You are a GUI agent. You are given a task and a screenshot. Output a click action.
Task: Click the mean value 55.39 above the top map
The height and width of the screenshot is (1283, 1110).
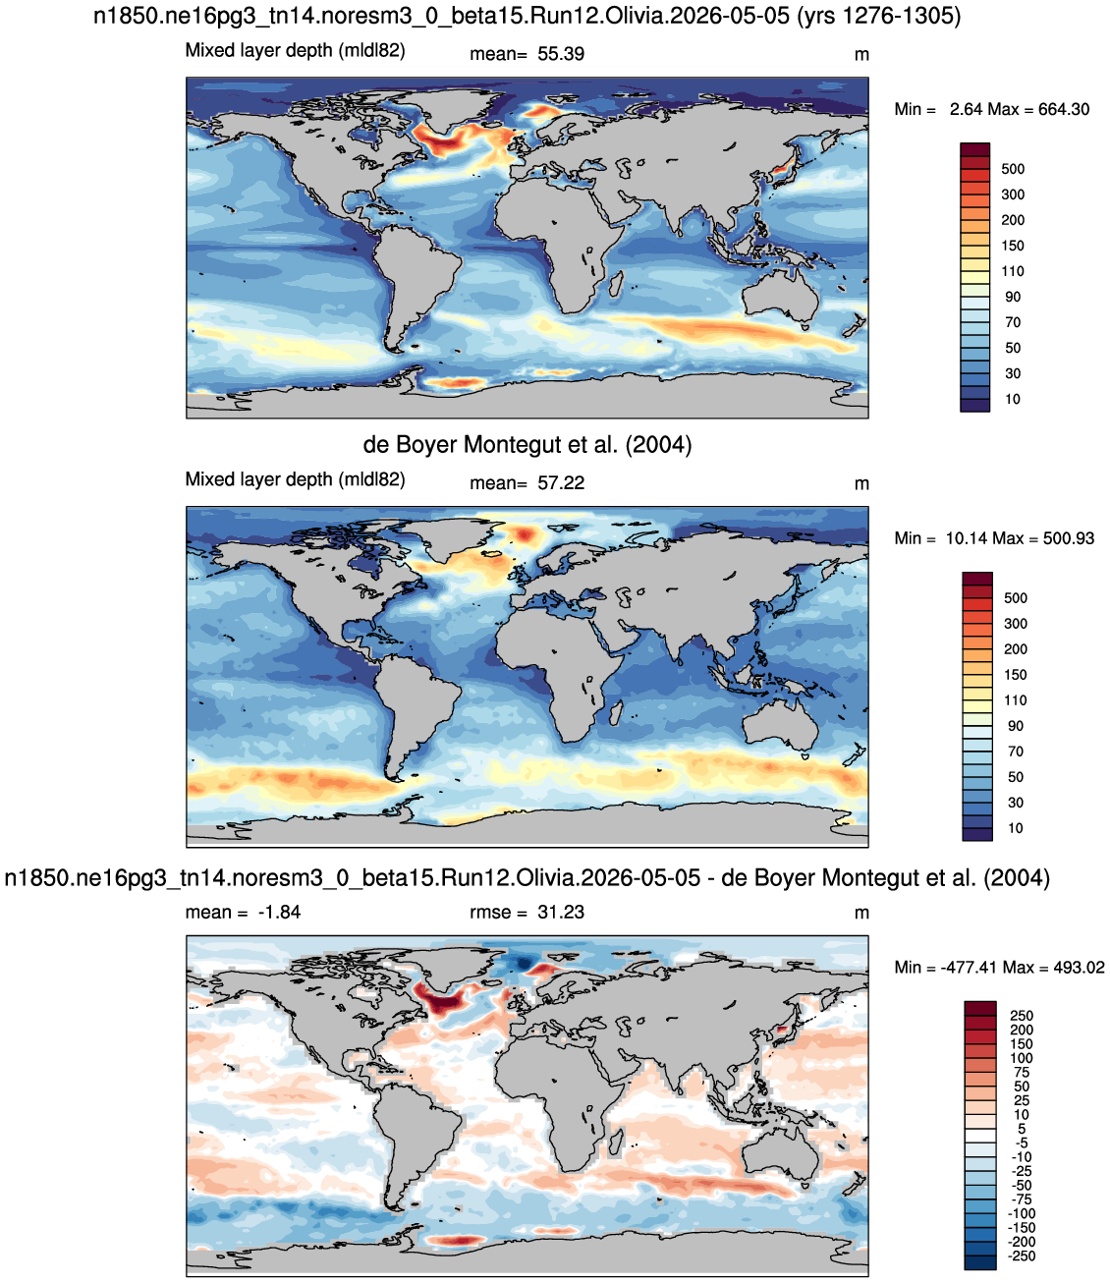pos(561,54)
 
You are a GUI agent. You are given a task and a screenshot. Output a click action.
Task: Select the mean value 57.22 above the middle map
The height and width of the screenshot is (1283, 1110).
pos(561,483)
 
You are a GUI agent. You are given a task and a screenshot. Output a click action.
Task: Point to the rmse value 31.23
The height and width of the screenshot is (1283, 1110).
pos(561,912)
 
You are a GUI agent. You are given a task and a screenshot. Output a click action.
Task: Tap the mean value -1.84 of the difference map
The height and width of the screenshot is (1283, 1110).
pos(279,912)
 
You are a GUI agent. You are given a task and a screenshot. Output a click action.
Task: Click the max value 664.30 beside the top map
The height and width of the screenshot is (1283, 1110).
pos(1064,109)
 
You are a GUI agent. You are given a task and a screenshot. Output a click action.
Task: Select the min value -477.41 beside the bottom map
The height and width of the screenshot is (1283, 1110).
pos(969,967)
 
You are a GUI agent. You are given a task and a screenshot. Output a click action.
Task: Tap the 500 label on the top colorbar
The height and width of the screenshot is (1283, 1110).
pos(1013,169)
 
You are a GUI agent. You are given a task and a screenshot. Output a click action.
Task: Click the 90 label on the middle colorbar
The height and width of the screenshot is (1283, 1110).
pos(1015,726)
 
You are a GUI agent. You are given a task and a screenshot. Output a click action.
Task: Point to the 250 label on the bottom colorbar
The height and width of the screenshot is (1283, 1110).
pos(1022,1016)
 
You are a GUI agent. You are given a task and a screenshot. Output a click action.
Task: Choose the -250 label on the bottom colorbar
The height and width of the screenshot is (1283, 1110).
pos(1019,1256)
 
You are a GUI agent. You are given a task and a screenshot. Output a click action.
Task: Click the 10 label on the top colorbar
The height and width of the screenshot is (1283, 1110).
pos(1013,399)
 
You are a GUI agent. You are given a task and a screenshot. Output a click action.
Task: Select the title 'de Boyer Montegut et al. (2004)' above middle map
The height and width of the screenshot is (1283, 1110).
pos(527,445)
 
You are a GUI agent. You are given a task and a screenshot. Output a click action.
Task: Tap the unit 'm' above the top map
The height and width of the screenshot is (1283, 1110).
pos(861,55)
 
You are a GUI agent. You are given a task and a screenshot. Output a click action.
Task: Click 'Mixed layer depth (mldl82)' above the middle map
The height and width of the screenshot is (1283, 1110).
pos(295,479)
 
